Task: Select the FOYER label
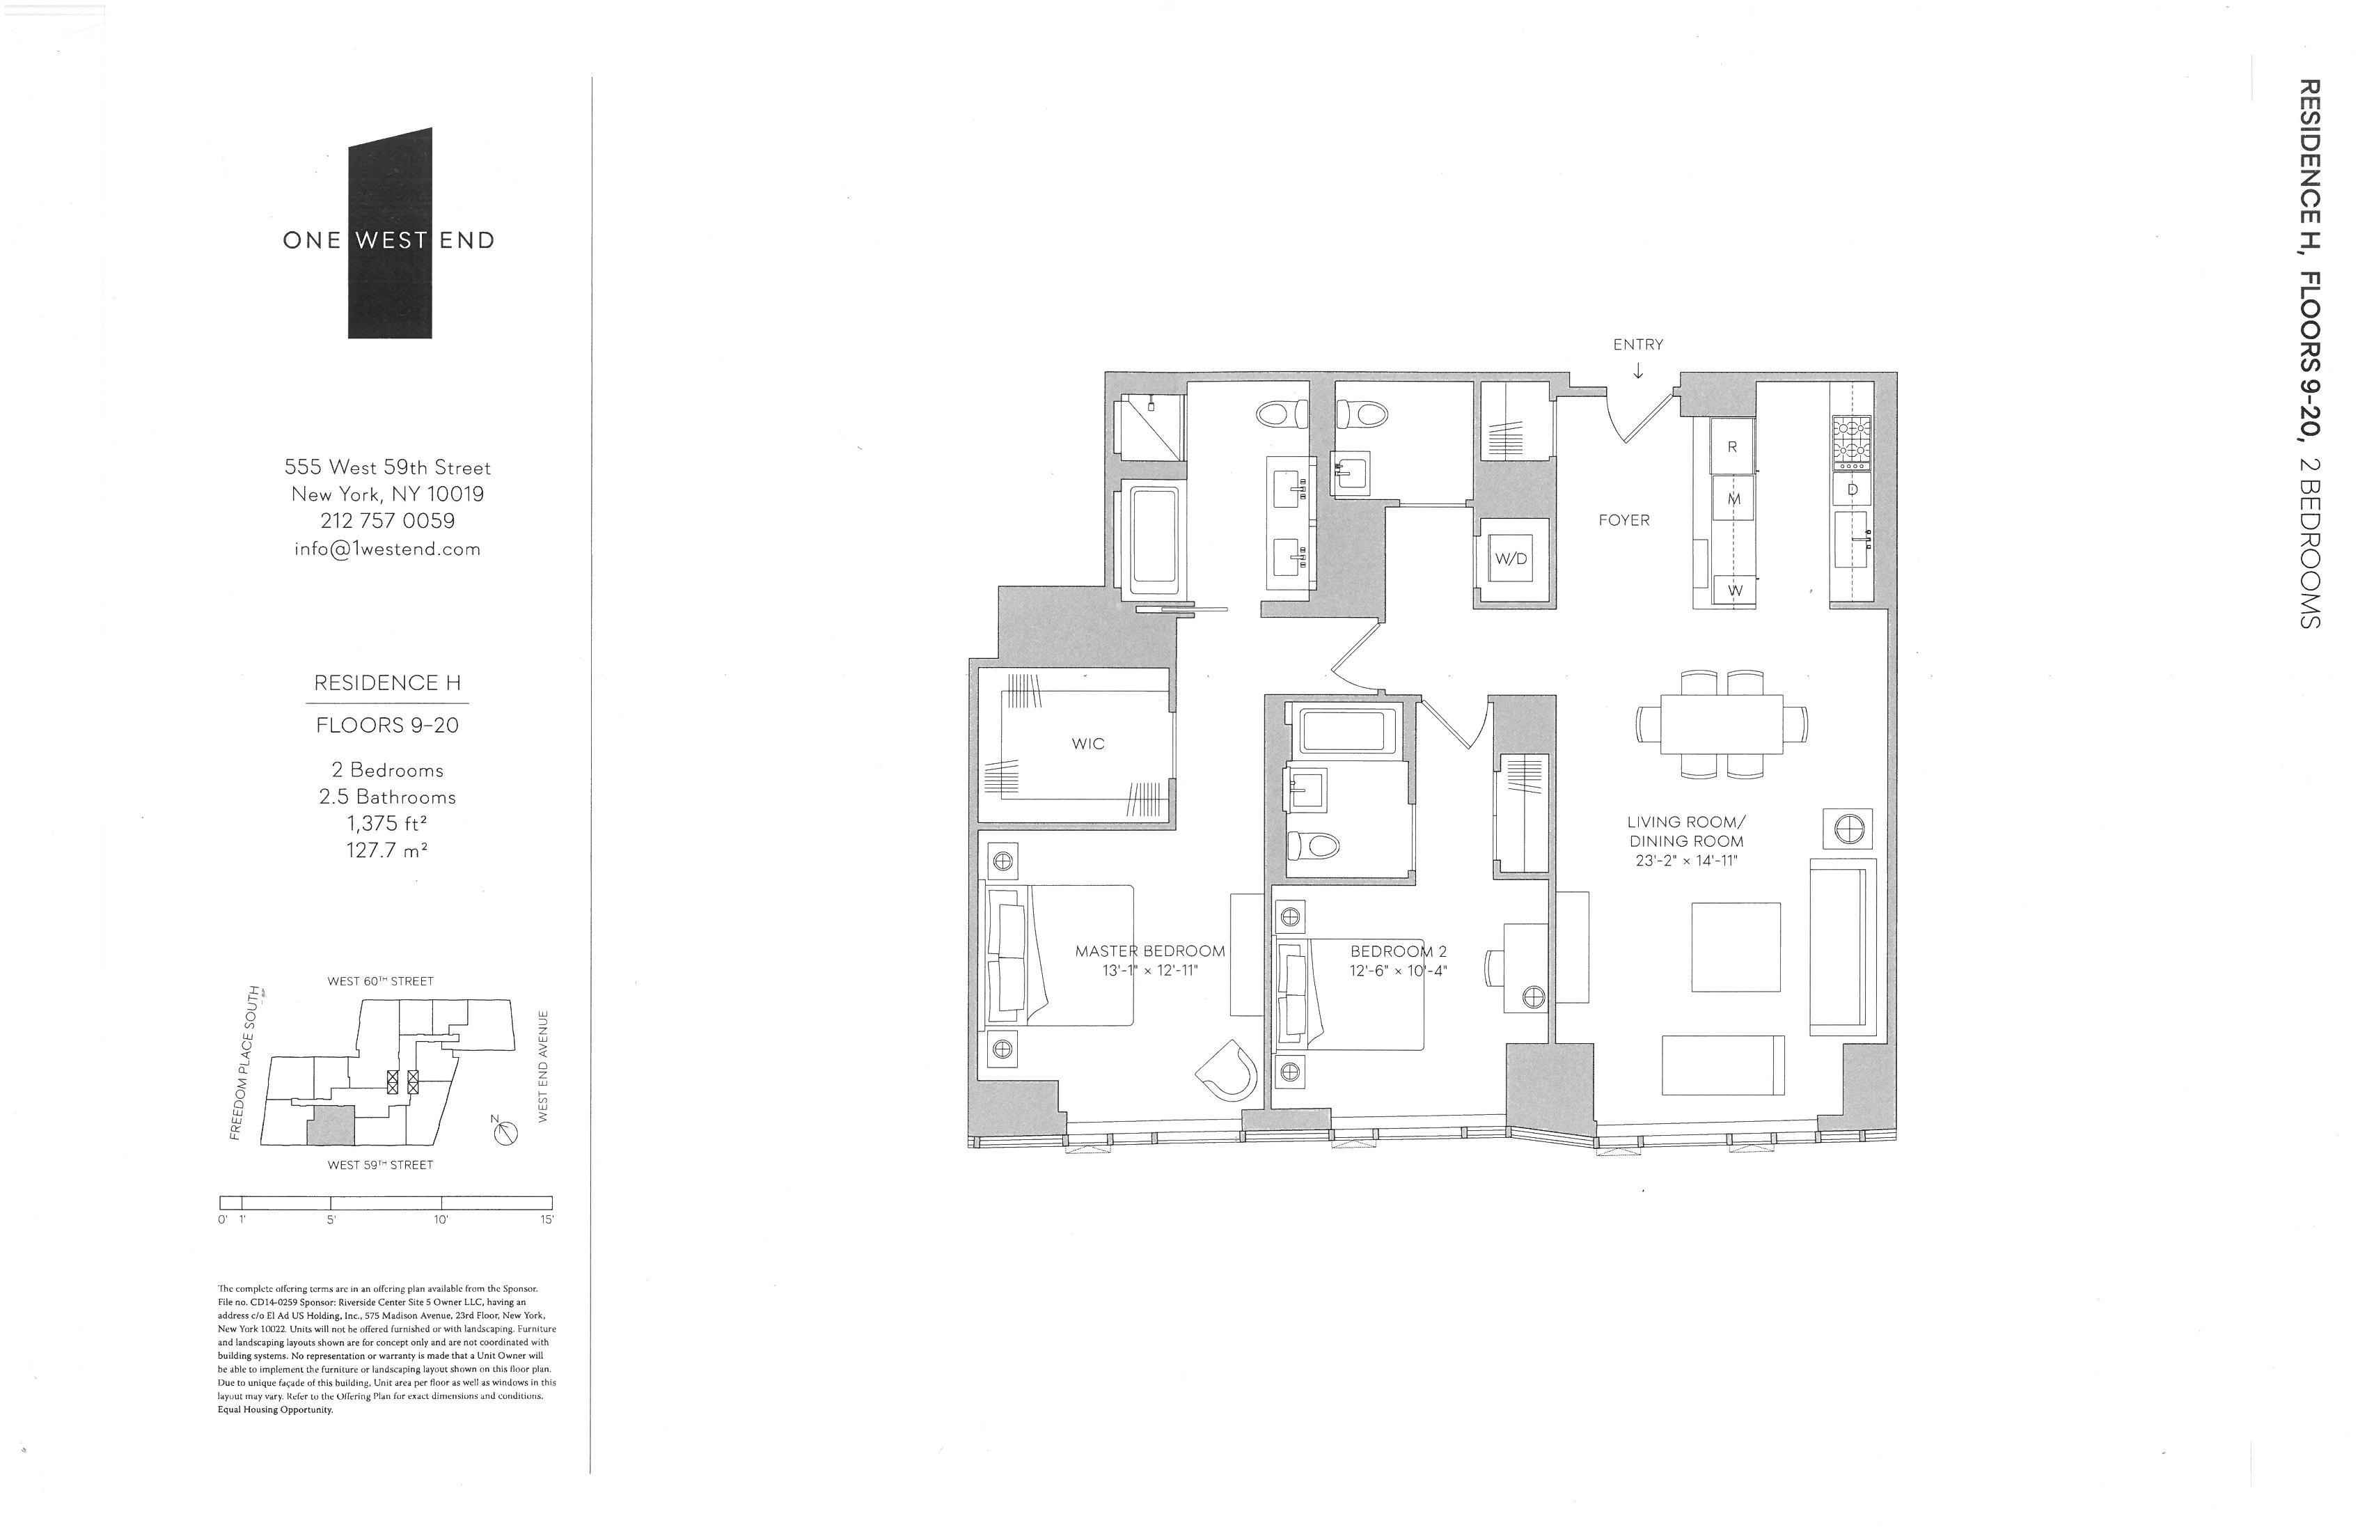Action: click(x=1624, y=520)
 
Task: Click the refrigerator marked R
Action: click(x=1731, y=446)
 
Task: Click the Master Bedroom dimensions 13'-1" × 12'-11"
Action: click(x=1149, y=970)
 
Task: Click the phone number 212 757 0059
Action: click(x=388, y=520)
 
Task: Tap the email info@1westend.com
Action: click(x=388, y=548)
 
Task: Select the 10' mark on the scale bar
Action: click(x=441, y=1219)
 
